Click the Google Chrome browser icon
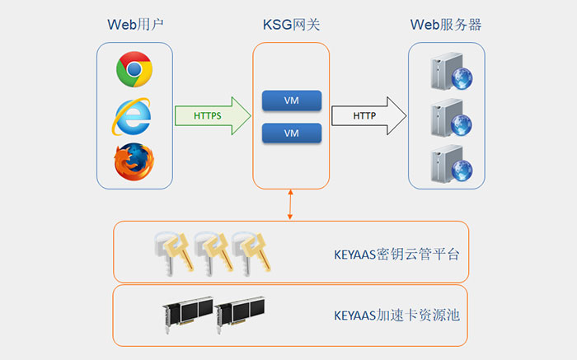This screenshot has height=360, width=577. [x=134, y=69]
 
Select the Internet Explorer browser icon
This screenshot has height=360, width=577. [x=133, y=116]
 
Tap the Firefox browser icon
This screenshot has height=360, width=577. [x=134, y=161]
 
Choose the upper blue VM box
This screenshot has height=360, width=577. [x=291, y=101]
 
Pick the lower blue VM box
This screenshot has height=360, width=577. [x=291, y=133]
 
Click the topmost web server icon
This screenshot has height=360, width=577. [x=446, y=72]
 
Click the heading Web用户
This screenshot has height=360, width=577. [x=134, y=25]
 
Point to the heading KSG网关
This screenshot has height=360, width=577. [x=291, y=25]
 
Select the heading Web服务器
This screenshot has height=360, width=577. [x=446, y=25]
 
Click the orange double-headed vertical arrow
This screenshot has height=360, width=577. [x=291, y=204]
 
